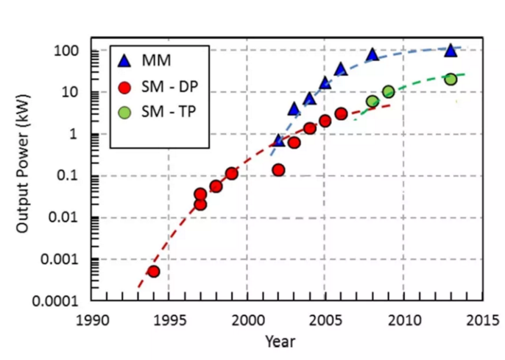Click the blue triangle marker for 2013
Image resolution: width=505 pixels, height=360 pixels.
point(451,49)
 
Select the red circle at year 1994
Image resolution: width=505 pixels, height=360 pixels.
point(153,271)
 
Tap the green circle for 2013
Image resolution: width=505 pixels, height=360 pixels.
point(451,79)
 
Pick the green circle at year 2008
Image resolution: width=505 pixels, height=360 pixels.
point(372,102)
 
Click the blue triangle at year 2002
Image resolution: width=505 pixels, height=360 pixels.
point(278,140)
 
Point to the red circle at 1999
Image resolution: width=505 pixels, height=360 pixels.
point(231,174)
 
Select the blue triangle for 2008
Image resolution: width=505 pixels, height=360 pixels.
point(372,54)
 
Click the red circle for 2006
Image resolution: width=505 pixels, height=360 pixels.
point(341,113)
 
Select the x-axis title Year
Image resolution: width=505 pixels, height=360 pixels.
point(280,341)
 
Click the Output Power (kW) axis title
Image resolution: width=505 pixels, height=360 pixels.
point(23,176)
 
